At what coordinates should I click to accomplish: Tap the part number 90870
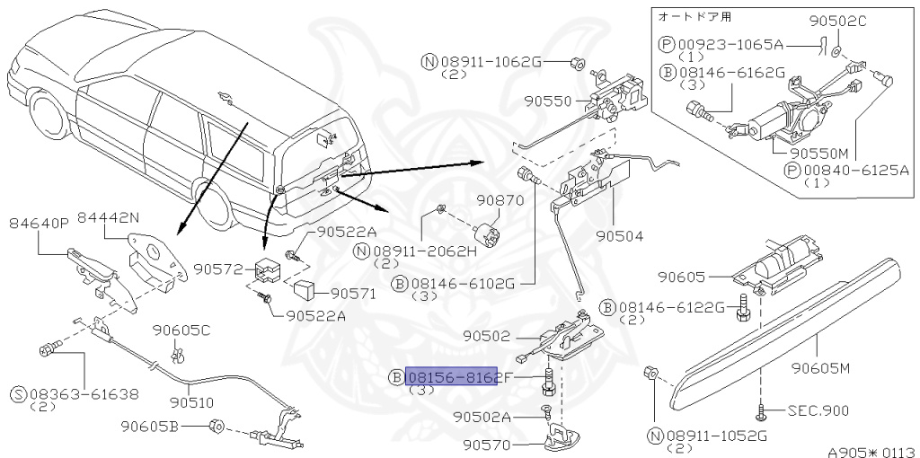(500, 200)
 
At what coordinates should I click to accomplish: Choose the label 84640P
(39, 223)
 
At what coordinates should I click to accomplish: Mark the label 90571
(355, 294)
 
